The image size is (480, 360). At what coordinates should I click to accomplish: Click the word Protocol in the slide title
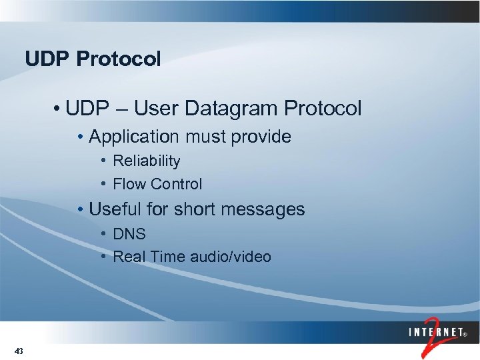[x=119, y=59]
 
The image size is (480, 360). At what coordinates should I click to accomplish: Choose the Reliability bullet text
[x=147, y=161]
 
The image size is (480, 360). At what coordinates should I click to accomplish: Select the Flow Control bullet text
[x=157, y=184]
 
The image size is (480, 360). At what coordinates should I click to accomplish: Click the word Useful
[x=115, y=209]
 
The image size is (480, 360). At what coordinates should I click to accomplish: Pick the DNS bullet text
[x=129, y=235]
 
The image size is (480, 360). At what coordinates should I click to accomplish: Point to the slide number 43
[x=19, y=351]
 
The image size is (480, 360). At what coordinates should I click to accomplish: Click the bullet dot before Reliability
[x=104, y=161]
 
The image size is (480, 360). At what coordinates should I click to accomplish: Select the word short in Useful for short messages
[x=194, y=209]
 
